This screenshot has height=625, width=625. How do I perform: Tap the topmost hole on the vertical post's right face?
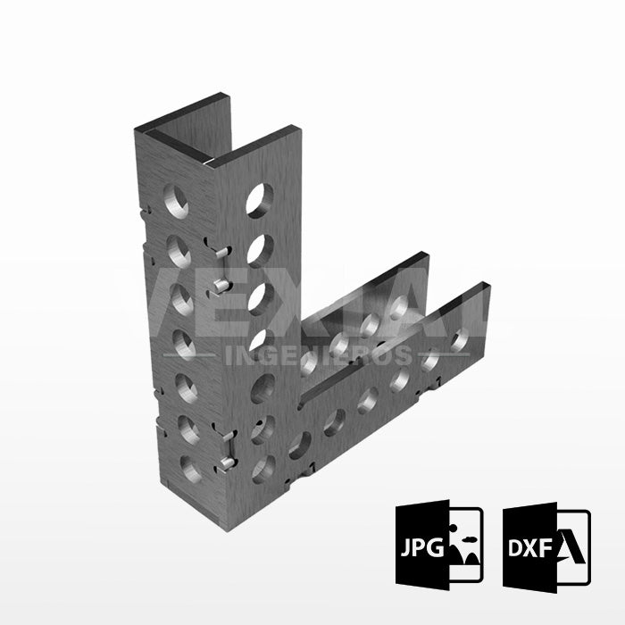click(260, 197)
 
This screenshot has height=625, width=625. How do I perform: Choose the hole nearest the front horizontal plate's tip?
click(460, 341)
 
